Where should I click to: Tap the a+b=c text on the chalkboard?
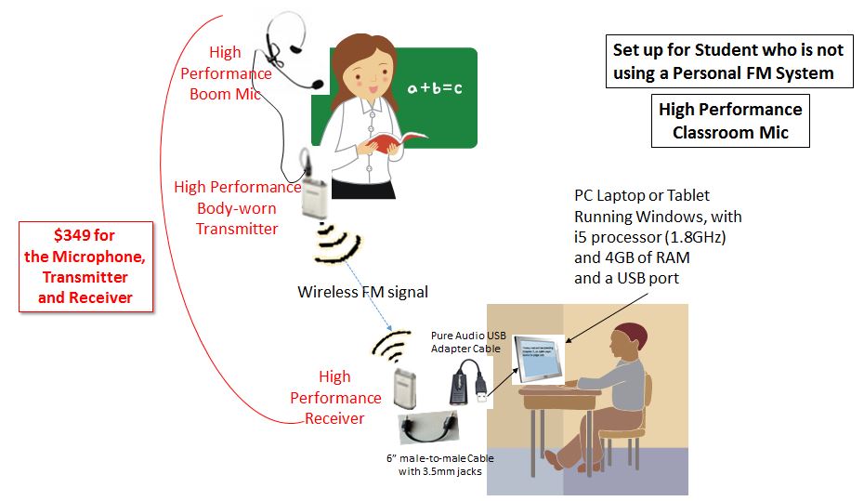click(x=434, y=88)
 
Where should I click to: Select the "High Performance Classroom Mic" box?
click(x=730, y=121)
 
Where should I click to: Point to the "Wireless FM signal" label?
click(x=362, y=292)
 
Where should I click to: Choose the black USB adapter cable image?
click(x=465, y=383)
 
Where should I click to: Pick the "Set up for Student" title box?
click(x=730, y=61)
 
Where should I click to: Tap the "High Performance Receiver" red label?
click(x=335, y=398)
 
